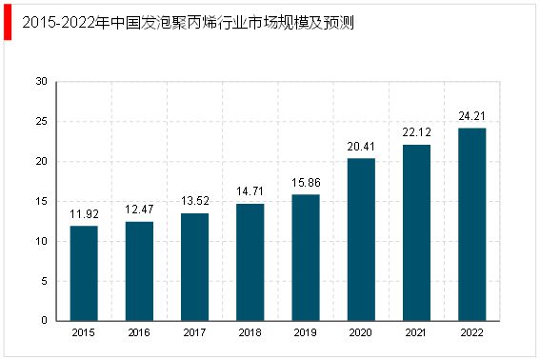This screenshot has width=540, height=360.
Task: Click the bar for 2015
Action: click(84, 272)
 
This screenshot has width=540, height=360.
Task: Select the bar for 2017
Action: click(195, 267)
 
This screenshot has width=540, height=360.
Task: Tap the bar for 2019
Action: click(306, 257)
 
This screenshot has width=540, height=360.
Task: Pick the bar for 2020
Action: click(361, 239)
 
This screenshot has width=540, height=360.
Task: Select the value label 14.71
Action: click(250, 192)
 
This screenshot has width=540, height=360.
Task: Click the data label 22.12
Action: click(416, 133)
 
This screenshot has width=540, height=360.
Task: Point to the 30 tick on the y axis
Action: click(41, 82)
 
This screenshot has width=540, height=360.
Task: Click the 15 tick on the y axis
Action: click(41, 201)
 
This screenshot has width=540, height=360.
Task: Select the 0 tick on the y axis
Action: click(44, 321)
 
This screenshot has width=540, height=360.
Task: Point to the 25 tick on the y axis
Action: click(41, 122)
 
